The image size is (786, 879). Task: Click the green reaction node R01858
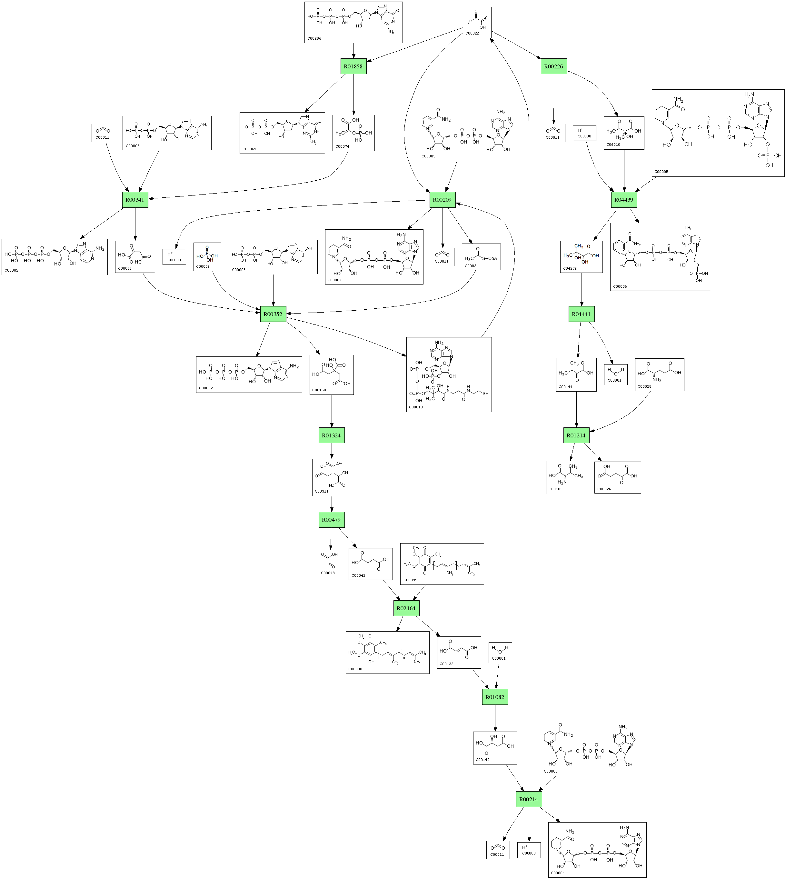coord(353,66)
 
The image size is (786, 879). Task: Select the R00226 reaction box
coord(554,66)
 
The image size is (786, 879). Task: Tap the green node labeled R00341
coord(135,200)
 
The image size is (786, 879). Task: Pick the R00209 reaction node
coord(443,200)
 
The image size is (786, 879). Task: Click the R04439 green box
coord(624,200)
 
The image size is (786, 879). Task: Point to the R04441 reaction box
coord(581,314)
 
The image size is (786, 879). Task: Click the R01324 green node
coord(331,435)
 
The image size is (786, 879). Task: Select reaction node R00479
coord(331,520)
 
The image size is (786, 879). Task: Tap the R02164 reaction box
coord(406,608)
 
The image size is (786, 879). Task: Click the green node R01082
coord(495,697)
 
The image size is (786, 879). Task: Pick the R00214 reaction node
coord(529,799)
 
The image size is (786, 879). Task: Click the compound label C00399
coord(410,580)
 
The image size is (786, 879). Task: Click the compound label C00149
coord(483,759)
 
